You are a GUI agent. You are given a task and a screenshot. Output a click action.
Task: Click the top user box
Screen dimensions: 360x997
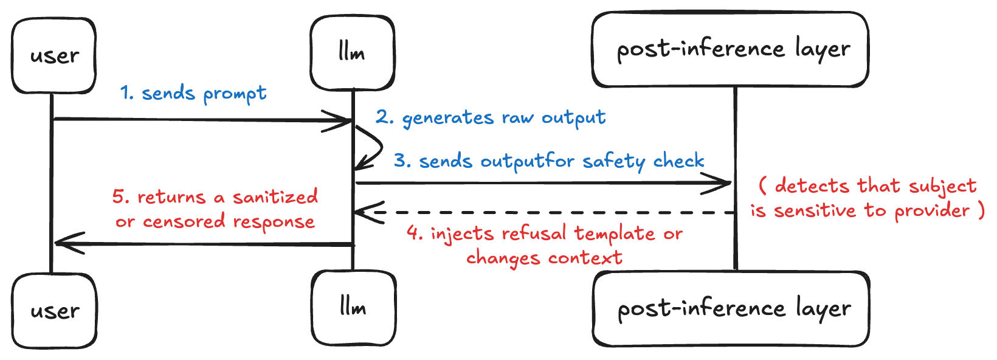click(53, 55)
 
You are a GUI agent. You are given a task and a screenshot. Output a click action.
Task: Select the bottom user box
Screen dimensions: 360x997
click(55, 311)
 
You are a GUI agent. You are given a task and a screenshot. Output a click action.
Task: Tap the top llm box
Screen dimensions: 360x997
click(352, 54)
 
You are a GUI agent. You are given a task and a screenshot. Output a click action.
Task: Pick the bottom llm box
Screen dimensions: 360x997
click(353, 308)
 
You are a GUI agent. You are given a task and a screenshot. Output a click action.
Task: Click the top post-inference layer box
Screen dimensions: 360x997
click(730, 50)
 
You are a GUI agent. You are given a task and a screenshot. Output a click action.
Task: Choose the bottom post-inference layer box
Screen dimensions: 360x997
click(731, 309)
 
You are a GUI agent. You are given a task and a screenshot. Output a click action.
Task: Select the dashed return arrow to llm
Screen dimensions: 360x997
click(547, 213)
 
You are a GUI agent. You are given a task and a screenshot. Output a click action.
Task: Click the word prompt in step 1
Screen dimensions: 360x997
click(235, 94)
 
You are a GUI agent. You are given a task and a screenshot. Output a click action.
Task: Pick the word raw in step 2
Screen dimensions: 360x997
click(517, 118)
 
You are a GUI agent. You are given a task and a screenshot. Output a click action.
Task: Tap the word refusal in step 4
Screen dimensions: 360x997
click(536, 234)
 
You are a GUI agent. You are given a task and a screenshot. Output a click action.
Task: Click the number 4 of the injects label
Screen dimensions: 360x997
click(414, 234)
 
